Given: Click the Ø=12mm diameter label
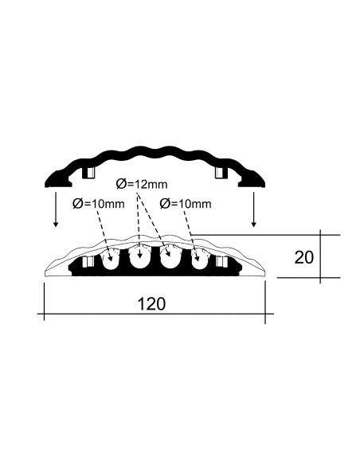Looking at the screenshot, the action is [x=142, y=184].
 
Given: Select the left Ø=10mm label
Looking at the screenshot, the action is [x=99, y=204].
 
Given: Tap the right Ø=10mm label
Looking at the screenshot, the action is [x=186, y=204].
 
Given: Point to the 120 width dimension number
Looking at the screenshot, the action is [x=151, y=304].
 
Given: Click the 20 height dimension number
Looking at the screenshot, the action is [x=304, y=257].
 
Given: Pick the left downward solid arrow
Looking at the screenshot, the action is [x=55, y=209].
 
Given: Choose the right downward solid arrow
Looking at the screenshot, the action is [x=253, y=209].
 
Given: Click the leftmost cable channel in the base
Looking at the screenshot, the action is [x=111, y=260].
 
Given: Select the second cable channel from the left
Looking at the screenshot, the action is [x=139, y=258].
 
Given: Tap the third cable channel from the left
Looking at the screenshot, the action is [x=170, y=258].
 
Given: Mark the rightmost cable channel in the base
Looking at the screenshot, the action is [x=199, y=260].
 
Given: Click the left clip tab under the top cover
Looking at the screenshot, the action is [x=88, y=173].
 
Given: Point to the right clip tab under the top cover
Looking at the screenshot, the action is [x=221, y=173].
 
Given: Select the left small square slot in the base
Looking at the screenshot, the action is [x=88, y=262].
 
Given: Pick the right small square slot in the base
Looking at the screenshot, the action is [x=221, y=262].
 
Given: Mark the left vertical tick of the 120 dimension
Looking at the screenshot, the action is [x=44, y=302].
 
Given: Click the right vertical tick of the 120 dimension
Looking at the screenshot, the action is [x=265, y=303].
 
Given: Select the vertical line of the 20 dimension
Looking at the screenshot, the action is [x=320, y=256].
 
